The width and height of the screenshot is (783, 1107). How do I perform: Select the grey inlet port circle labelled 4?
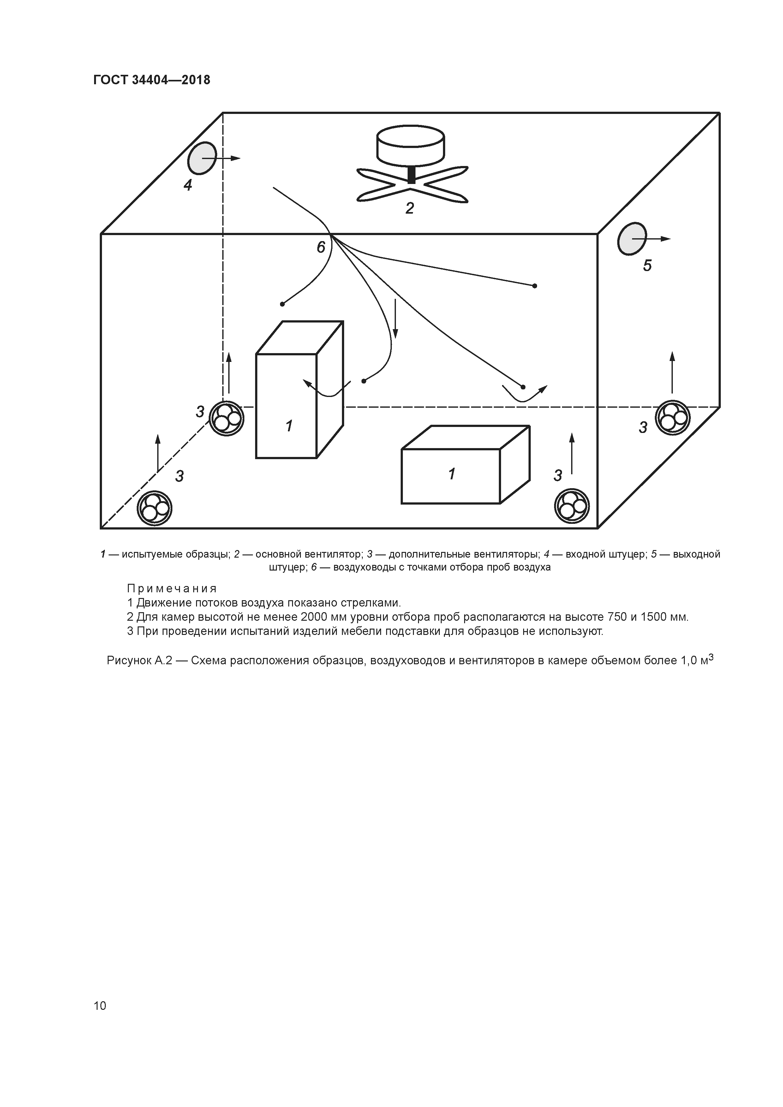pyautogui.click(x=202, y=158)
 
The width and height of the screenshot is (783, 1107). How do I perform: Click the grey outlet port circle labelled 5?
pyautogui.click(x=631, y=239)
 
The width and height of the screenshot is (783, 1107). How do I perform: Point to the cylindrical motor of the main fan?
pyautogui.click(x=410, y=145)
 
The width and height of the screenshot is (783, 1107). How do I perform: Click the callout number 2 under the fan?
pyautogui.click(x=409, y=208)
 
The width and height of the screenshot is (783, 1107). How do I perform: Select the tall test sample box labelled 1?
pyautogui.click(x=287, y=405)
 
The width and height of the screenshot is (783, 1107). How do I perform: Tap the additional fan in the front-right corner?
pyautogui.click(x=572, y=506)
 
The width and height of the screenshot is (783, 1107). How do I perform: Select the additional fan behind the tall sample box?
pyautogui.click(x=227, y=418)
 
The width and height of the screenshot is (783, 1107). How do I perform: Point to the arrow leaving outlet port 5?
pyautogui.click(x=659, y=239)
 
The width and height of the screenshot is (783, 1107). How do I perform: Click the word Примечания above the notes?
pyautogui.click(x=172, y=589)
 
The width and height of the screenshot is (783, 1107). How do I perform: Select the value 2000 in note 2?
pyautogui.click(x=315, y=617)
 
